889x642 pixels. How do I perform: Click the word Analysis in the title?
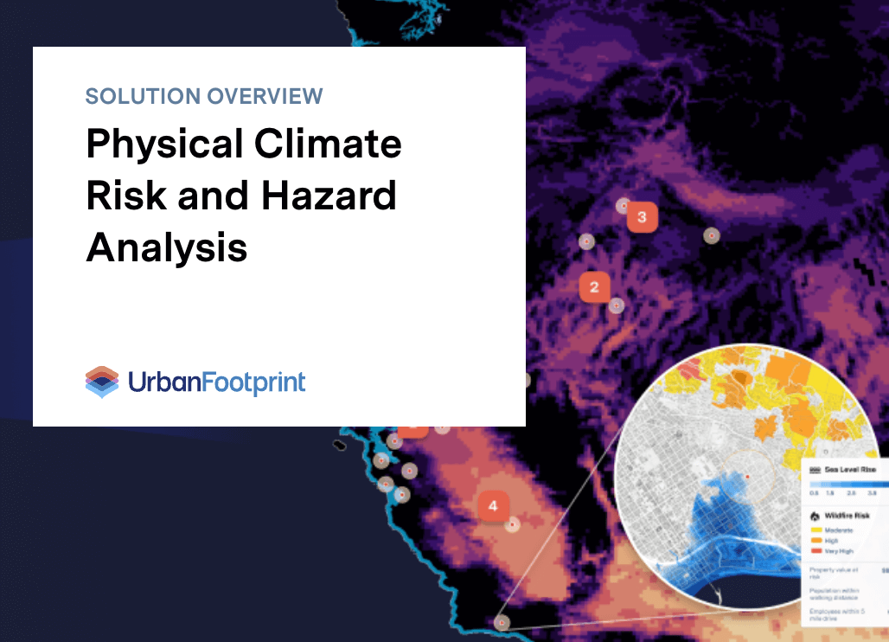166,247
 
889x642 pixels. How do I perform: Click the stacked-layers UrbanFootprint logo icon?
102,382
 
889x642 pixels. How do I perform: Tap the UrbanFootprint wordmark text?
216,382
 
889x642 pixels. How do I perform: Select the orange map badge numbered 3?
642,217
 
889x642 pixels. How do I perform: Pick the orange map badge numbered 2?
594,287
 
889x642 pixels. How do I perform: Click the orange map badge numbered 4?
493,505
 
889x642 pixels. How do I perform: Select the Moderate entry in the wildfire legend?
838,530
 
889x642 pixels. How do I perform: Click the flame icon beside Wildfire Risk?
815,515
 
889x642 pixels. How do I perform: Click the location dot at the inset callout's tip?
501,622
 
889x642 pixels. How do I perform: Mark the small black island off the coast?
338,445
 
